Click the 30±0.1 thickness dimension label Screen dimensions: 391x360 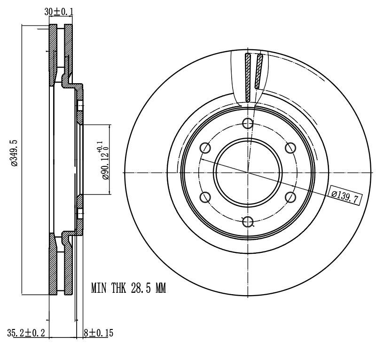pyautogui.click(x=59, y=11)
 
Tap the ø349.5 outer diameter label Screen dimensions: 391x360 pyautogui.click(x=14, y=153)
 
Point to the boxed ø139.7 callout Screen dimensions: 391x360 pyautogui.click(x=345, y=195)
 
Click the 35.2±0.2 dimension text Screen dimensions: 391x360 pyautogui.click(x=26, y=333)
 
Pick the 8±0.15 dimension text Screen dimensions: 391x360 pyautogui.click(x=99, y=333)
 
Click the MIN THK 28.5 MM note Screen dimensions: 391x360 pyautogui.click(x=128, y=288)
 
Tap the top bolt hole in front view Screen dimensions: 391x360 pyautogui.click(x=248, y=123)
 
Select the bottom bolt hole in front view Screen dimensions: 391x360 pyautogui.click(x=248, y=221)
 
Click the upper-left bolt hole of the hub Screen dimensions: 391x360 pyautogui.click(x=205, y=148)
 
